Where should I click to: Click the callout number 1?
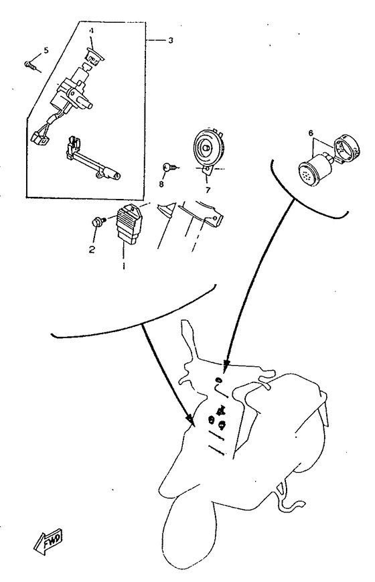(124, 265)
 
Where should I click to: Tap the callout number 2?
(92, 249)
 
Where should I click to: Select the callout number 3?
(170, 40)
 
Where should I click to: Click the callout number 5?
(46, 50)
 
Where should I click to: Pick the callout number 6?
(311, 133)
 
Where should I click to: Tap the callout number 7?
(208, 190)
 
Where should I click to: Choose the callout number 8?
(161, 184)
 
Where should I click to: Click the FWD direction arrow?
(48, 540)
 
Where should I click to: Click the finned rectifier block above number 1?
(129, 225)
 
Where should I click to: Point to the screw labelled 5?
(30, 66)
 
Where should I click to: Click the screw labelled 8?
(169, 167)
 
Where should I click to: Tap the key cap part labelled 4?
(94, 56)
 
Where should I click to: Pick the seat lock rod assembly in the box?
(93, 159)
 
